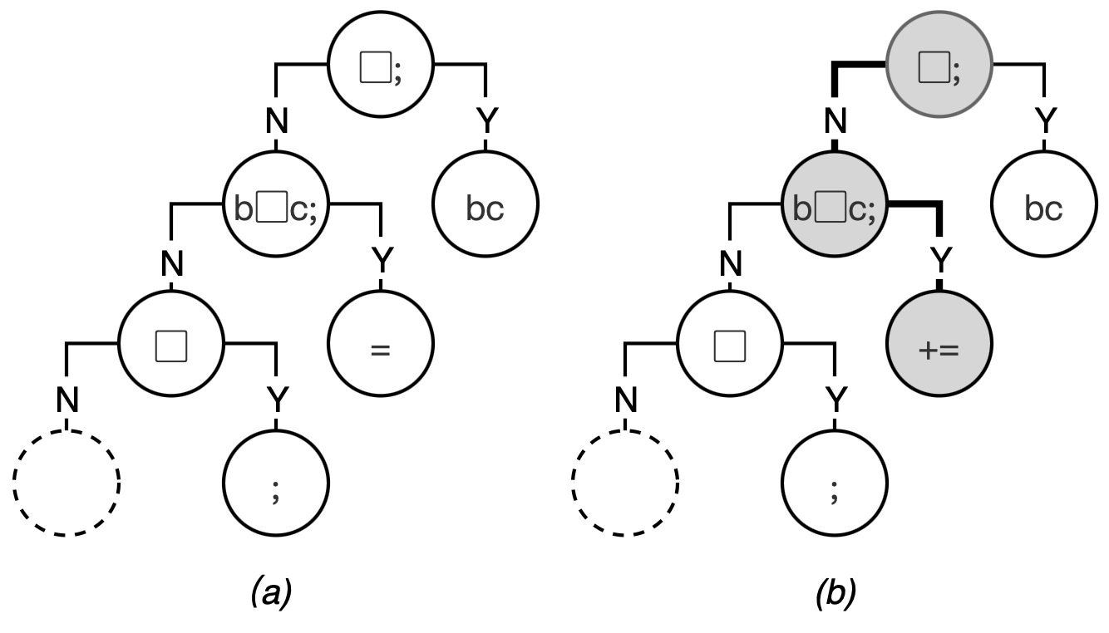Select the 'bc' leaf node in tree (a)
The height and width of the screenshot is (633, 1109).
[485, 209]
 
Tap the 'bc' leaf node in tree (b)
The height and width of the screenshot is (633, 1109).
[1043, 209]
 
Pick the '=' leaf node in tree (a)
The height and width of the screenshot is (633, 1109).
[380, 349]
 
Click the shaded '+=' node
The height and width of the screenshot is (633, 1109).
[939, 349]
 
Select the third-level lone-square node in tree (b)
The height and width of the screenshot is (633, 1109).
[730, 347]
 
